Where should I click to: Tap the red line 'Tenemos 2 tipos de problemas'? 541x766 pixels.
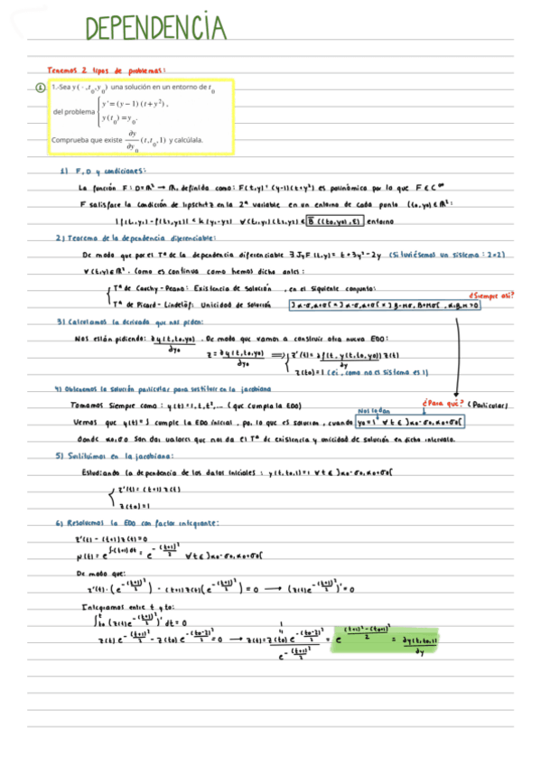[x=107, y=70]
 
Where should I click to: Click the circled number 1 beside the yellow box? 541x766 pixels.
[x=40, y=89]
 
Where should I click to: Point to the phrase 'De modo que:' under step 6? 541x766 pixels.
[x=97, y=573]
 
